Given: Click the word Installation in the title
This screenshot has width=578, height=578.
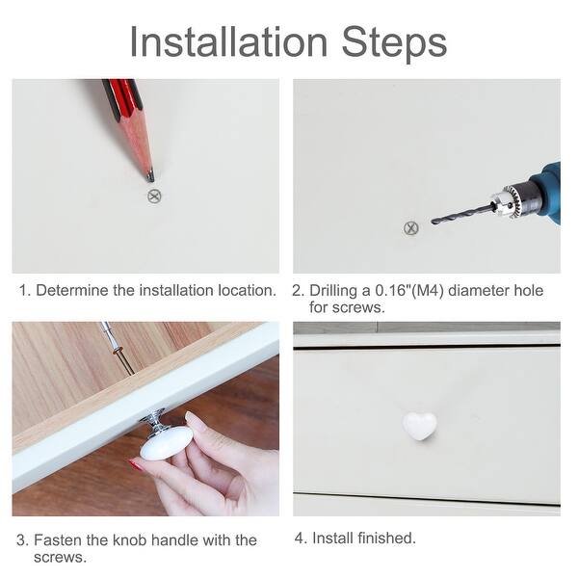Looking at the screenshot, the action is click(x=228, y=41).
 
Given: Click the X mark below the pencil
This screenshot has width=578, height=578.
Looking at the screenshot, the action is click(x=154, y=197).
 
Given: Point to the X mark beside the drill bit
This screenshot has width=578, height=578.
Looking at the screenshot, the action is click(x=411, y=228).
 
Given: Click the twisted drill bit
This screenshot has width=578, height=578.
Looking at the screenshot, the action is click(x=462, y=214).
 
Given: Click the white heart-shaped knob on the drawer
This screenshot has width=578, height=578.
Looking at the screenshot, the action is click(x=419, y=426).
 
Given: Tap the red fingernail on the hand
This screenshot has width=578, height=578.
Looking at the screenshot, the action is click(x=135, y=464).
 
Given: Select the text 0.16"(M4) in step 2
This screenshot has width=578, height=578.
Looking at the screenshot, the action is click(x=409, y=291).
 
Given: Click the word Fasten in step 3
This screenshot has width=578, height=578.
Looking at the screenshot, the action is click(x=58, y=540).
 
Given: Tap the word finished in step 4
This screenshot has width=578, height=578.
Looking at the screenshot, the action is click(x=386, y=538).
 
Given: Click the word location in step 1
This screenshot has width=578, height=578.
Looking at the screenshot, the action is click(x=247, y=291).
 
